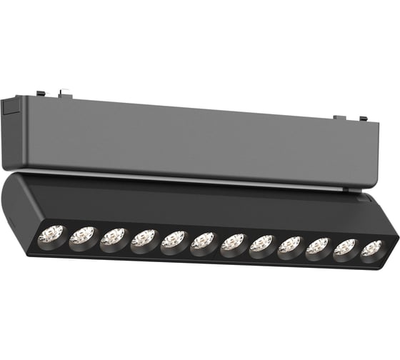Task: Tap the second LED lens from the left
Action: point(82,236)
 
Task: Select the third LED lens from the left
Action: point(113,238)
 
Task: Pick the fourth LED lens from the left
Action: point(143,239)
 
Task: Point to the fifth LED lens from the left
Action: point(173,240)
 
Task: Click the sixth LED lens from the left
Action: point(203,241)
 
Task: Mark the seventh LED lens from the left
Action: point(233,242)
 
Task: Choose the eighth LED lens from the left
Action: point(262,244)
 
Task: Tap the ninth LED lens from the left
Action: point(290,245)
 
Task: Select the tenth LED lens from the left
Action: point(318,246)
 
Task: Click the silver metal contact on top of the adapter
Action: point(66,91)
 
